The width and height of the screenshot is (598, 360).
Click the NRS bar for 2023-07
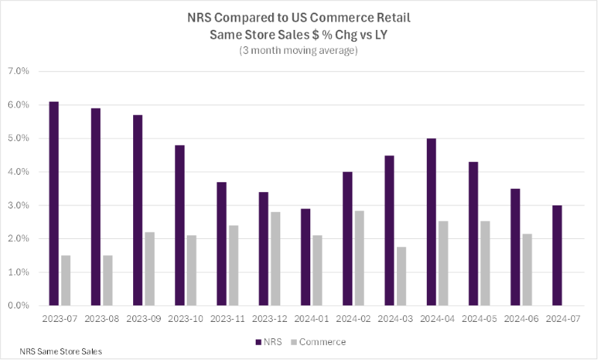[54, 203]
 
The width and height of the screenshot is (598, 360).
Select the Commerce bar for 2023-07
[66, 280]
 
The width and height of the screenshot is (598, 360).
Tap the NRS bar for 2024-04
[431, 222]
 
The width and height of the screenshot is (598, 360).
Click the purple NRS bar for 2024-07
[558, 255]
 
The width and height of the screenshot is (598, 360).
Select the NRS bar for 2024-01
[306, 257]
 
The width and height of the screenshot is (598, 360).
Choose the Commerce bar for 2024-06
[528, 270]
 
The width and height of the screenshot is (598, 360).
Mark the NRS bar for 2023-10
[180, 225]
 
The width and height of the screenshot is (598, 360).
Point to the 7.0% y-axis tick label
[18, 72]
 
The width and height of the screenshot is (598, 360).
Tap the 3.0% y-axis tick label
[18, 205]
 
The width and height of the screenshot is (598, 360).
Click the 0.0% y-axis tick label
[18, 305]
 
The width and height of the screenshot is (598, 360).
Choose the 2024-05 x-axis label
[479, 317]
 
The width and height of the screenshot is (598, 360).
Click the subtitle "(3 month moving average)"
[299, 51]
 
